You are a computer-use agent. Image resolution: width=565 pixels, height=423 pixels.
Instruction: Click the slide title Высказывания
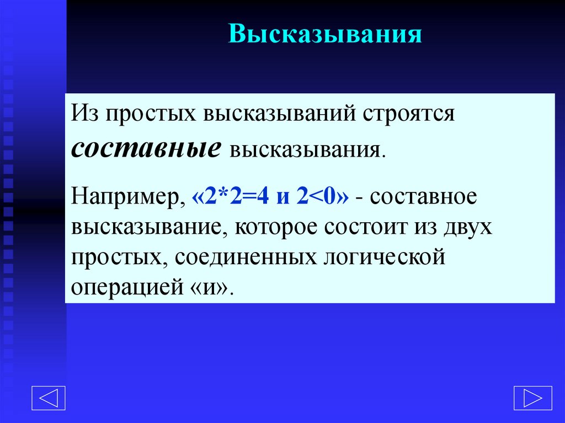326,34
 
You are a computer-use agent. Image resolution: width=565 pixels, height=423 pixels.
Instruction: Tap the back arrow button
48,398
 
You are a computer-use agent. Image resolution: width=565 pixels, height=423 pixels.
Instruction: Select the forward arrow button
532,398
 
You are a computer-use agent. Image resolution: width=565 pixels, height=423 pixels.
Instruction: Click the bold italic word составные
146,149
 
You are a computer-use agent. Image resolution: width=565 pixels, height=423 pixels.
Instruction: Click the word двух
467,228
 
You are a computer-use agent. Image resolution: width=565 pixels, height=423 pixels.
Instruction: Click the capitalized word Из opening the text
85,116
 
